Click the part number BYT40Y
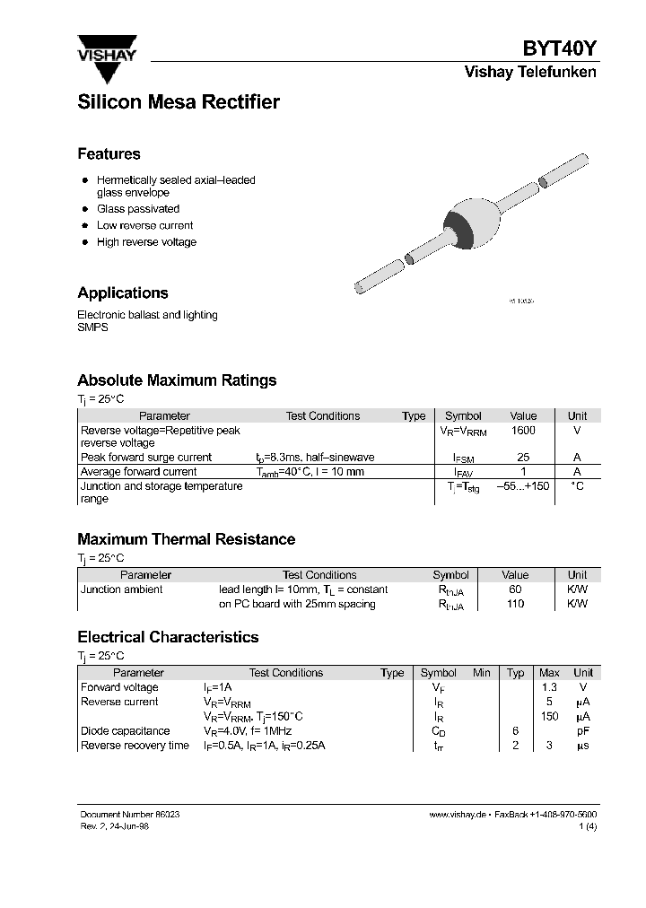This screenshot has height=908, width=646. [x=560, y=50]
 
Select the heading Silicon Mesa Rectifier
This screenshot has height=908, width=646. [x=179, y=102]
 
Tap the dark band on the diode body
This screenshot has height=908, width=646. [x=459, y=223]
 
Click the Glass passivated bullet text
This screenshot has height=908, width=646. [x=138, y=209]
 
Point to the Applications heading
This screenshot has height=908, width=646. [x=123, y=293]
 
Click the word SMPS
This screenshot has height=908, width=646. [x=92, y=328]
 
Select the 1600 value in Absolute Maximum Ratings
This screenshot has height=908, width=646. [x=523, y=431]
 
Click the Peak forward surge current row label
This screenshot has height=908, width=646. [x=146, y=458]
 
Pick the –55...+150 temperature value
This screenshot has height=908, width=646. [x=523, y=486]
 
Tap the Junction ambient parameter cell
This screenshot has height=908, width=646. [x=122, y=589]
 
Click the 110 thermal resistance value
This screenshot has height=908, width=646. [x=515, y=604]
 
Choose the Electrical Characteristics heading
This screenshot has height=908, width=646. [x=168, y=637]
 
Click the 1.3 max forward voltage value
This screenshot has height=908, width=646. [x=549, y=687]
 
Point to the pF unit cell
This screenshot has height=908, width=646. [x=582, y=731]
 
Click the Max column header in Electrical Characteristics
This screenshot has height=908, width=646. [x=549, y=673]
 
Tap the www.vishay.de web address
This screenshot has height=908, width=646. [x=458, y=814]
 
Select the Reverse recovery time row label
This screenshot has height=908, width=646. [x=135, y=746]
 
